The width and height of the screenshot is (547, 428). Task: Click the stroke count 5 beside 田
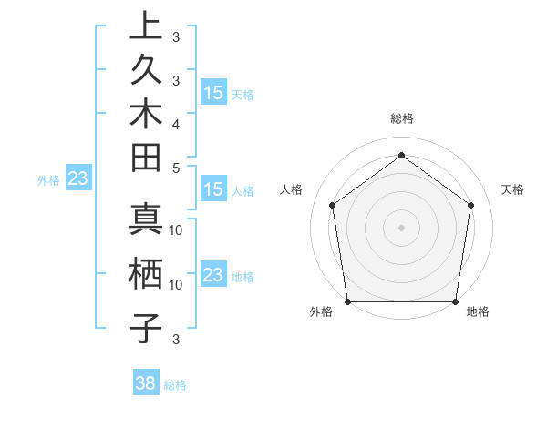point(176,168)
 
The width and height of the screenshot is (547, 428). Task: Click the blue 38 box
point(146,383)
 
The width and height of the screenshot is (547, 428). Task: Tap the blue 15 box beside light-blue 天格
point(213,92)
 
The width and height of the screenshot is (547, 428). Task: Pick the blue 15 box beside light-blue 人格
point(213,189)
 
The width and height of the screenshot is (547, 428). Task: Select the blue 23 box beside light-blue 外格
point(78,179)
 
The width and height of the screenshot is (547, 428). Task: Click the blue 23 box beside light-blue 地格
point(213,275)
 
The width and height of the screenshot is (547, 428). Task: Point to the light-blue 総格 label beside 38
point(175,385)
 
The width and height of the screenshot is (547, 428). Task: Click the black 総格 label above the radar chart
point(402,118)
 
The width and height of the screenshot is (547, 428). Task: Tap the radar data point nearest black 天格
point(471,205)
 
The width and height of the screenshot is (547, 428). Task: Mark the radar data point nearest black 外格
point(347,301)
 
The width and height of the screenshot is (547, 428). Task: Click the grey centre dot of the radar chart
point(402,227)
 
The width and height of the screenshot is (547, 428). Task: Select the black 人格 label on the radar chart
point(292,189)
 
